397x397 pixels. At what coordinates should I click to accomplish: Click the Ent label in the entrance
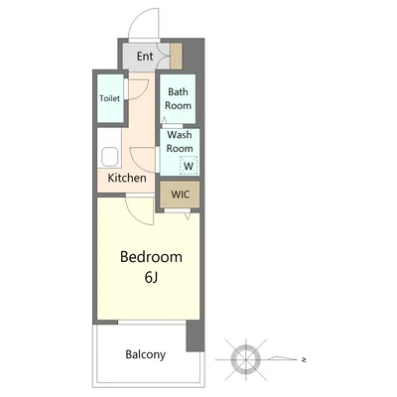(145, 56)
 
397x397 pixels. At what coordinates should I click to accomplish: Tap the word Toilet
(110, 98)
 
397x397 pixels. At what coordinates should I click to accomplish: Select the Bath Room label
(178, 98)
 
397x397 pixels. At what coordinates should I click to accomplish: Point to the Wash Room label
(180, 142)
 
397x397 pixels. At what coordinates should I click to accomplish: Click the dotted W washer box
(189, 165)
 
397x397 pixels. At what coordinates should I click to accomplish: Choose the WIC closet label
(181, 195)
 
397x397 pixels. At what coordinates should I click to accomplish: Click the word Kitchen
(127, 178)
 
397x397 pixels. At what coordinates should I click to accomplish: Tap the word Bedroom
(151, 257)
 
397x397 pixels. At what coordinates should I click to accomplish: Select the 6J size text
(151, 278)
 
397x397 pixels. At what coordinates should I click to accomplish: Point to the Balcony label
(146, 354)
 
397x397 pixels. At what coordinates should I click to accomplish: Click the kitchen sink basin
(110, 157)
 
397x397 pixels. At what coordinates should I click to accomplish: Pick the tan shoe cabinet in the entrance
(176, 56)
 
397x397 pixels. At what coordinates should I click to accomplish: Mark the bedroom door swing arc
(132, 214)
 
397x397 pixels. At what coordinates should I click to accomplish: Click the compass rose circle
(246, 359)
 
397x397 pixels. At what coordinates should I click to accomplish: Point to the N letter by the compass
(304, 359)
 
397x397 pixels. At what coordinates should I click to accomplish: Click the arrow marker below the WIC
(188, 216)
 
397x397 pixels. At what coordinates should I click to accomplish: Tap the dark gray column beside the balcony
(196, 335)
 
